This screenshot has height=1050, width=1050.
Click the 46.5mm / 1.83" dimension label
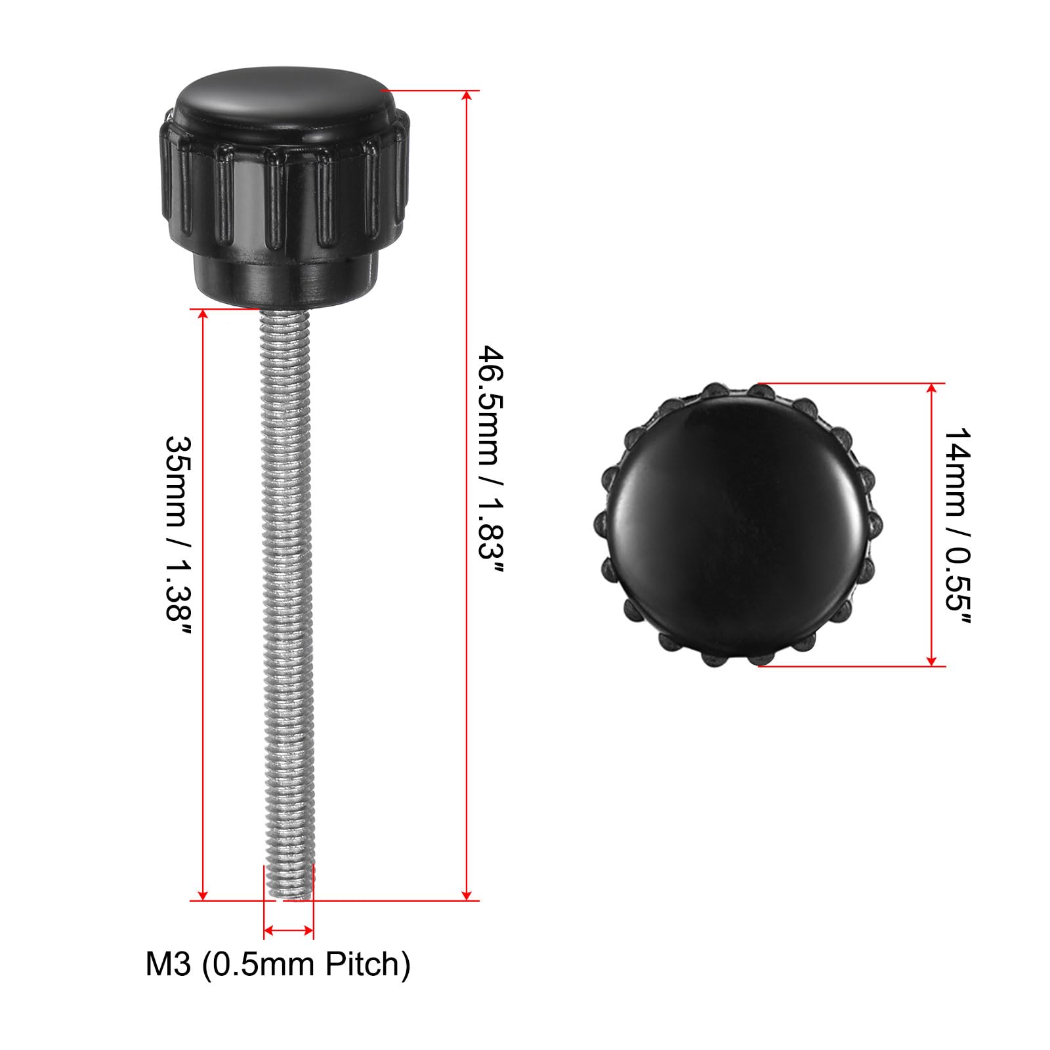click(492, 462)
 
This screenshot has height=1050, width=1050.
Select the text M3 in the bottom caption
click(168, 965)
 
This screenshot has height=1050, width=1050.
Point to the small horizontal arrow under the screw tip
click(289, 930)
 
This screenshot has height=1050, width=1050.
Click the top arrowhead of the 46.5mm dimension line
click(467, 96)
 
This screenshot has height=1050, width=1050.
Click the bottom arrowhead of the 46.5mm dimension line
click(467, 894)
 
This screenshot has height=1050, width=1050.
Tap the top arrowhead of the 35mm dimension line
click(203, 315)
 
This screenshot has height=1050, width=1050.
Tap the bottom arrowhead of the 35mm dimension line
click(203, 894)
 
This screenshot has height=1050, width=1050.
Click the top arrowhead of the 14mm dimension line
click(931, 389)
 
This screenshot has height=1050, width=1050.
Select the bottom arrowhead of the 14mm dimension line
click(931, 660)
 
